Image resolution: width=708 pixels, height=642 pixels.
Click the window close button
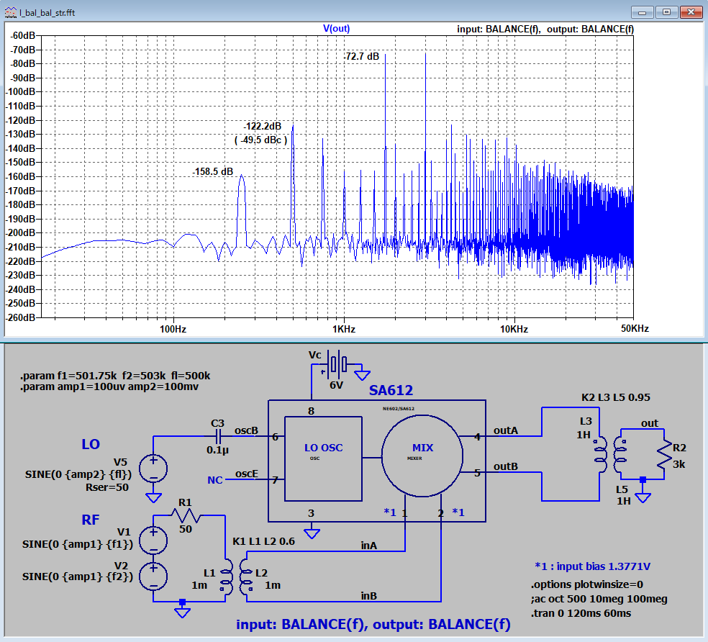[x=691, y=12]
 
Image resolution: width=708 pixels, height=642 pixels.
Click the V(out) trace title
[x=337, y=29]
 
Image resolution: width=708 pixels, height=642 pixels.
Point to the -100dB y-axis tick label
[x=21, y=91]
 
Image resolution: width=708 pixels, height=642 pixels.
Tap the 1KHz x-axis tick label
[x=344, y=329]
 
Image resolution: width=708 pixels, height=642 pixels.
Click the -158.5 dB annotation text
[x=213, y=172]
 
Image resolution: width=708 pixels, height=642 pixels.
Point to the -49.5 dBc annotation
[x=260, y=140]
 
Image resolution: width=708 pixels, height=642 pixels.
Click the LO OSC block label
[x=323, y=448]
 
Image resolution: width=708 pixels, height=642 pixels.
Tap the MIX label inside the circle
[x=422, y=448]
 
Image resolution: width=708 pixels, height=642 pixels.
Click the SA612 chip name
[x=391, y=390]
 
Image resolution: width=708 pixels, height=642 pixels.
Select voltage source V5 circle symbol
[x=153, y=468]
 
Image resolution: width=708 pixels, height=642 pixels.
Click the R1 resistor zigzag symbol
[x=186, y=515]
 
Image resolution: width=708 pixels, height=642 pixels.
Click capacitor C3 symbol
[x=218, y=436]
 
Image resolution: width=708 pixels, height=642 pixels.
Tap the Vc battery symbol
[x=337, y=364]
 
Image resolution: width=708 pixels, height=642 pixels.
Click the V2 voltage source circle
[x=153, y=577]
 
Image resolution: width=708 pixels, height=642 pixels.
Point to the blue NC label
[x=215, y=480]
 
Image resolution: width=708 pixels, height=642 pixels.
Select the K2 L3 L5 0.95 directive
[x=615, y=397]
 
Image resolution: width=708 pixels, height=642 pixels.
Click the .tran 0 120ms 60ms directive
[x=581, y=613]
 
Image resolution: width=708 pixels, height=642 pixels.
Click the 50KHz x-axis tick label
[x=635, y=328]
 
